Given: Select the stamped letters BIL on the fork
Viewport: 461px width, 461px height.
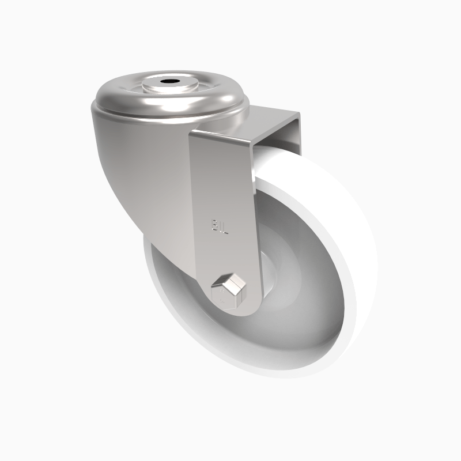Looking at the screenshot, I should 220,225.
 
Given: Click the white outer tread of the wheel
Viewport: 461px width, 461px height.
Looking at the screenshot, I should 346,242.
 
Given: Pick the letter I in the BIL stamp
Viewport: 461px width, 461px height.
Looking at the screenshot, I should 221,225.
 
